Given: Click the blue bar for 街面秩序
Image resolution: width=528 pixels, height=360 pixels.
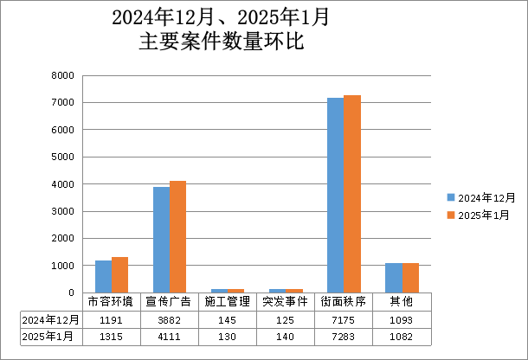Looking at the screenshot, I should [x=335, y=196].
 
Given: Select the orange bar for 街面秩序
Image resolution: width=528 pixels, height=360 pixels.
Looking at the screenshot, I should [x=351, y=194].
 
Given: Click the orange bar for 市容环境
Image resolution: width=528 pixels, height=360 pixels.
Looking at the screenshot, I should [x=119, y=275].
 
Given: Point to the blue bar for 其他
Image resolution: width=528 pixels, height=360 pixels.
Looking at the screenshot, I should [x=393, y=278].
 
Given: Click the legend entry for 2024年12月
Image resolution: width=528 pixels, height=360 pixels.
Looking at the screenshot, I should [x=480, y=197].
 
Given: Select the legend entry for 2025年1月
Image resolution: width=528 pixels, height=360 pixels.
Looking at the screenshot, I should [x=478, y=215].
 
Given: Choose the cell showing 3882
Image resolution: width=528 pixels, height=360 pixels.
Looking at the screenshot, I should [x=169, y=319].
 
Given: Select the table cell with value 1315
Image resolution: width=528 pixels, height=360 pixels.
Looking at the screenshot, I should [x=111, y=337].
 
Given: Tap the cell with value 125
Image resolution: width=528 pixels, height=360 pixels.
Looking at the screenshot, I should [x=285, y=319].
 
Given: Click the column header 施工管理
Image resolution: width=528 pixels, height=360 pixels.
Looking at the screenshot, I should [x=227, y=302].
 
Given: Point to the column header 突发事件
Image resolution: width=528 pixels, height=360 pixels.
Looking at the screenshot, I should [x=285, y=302].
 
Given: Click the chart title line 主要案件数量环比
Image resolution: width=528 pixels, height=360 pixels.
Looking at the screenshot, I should [x=221, y=42].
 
